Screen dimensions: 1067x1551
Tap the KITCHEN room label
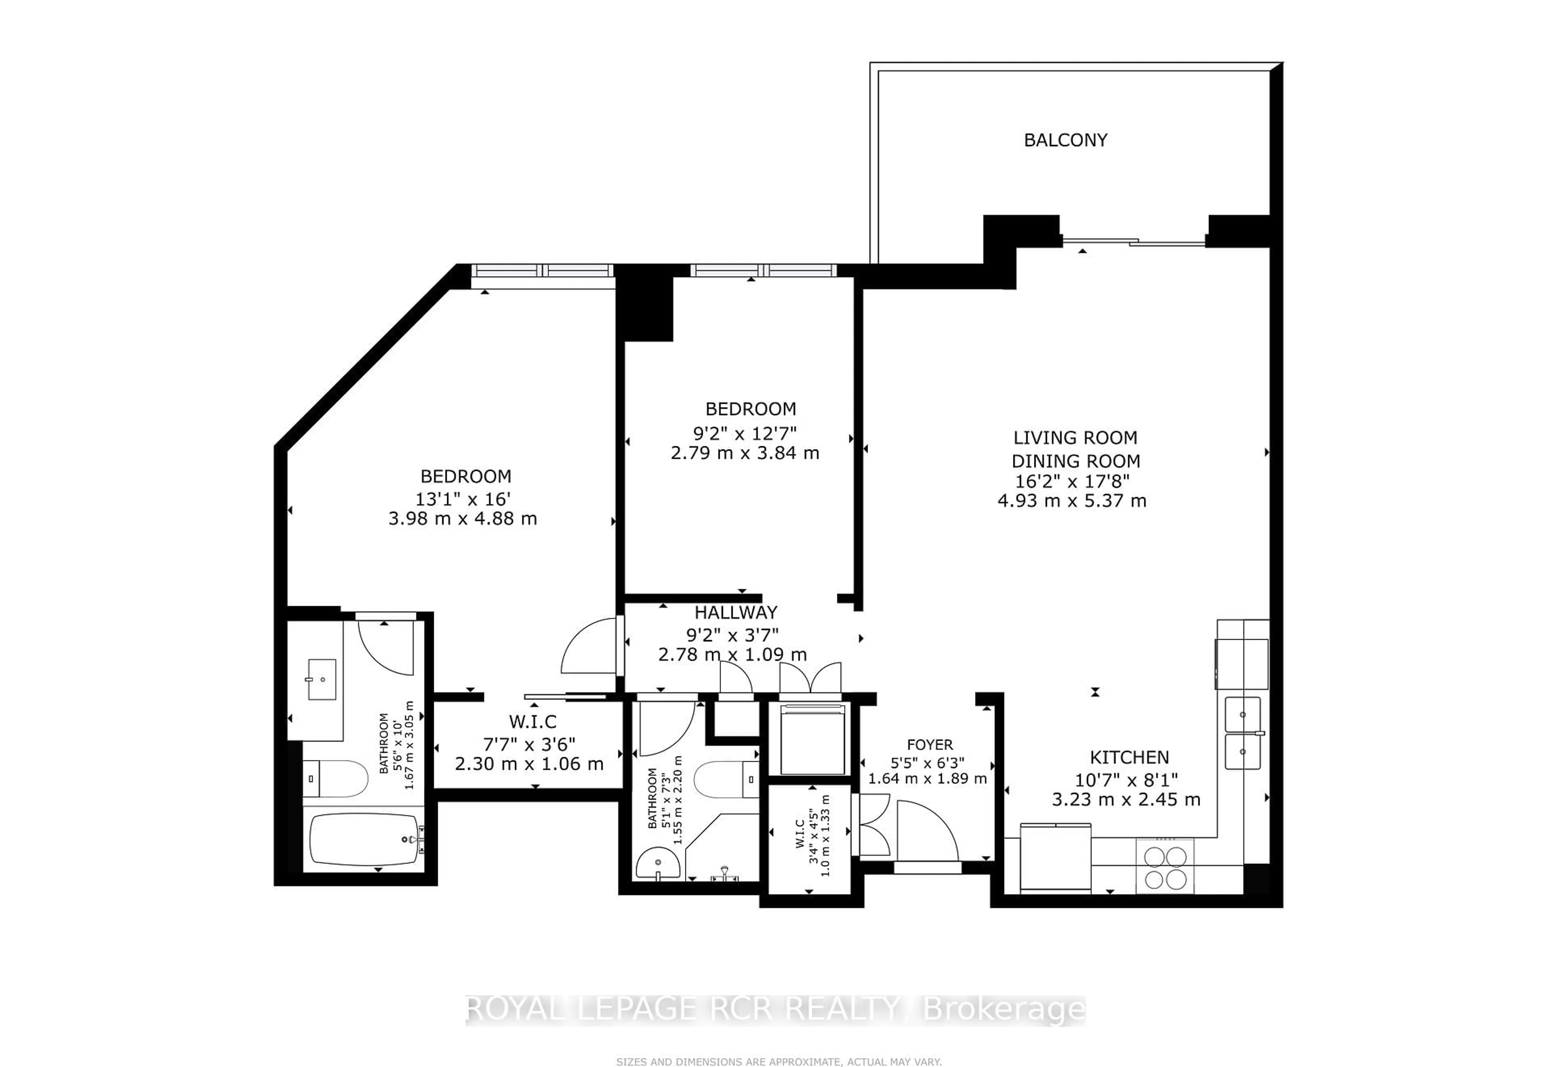(1129, 758)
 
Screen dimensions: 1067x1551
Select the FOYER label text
(929, 745)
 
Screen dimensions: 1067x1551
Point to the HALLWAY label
(736, 612)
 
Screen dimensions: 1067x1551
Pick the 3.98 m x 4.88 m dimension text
(462, 519)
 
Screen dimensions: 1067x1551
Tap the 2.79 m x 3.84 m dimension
(745, 453)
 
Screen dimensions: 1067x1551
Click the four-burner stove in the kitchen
(1164, 867)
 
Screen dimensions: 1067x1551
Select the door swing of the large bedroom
(588, 647)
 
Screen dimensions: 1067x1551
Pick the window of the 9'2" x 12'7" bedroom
(763, 271)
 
